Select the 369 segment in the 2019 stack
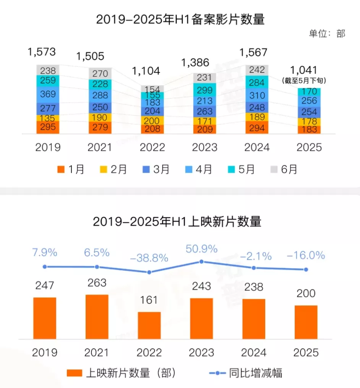click(48, 94)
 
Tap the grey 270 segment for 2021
click(100, 73)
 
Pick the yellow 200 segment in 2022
click(152, 120)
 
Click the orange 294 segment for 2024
click(257, 128)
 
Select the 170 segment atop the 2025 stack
click(309, 92)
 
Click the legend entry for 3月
click(156, 169)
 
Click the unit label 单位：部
click(327, 34)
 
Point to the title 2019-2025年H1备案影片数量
click(180, 19)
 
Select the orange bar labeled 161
click(149, 325)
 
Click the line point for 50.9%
click(201, 262)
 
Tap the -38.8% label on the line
click(149, 258)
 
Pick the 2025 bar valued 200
click(306, 322)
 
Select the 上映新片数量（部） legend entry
click(122, 373)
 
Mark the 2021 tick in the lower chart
click(97, 352)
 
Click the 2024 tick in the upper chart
click(257, 147)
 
